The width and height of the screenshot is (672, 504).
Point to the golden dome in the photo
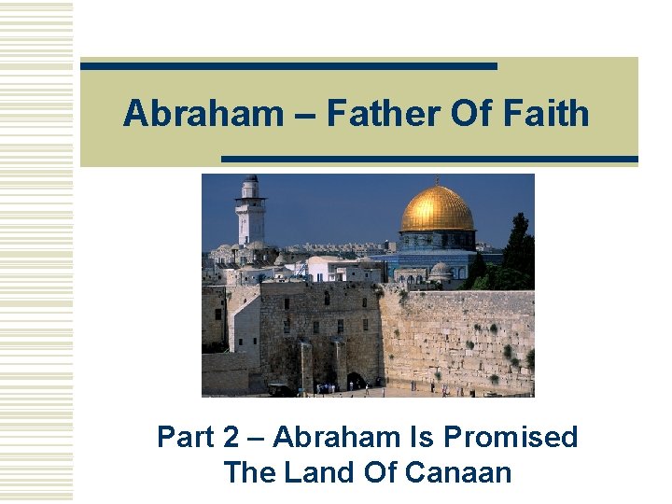pos(437,211)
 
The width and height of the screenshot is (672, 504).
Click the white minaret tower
pos(249,212)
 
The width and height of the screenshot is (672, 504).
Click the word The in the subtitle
pos(248,472)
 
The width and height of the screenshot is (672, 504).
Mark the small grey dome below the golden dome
pos(440,270)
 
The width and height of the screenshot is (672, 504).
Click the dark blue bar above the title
pos(288,66)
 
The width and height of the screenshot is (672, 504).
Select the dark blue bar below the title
pos(429,160)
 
